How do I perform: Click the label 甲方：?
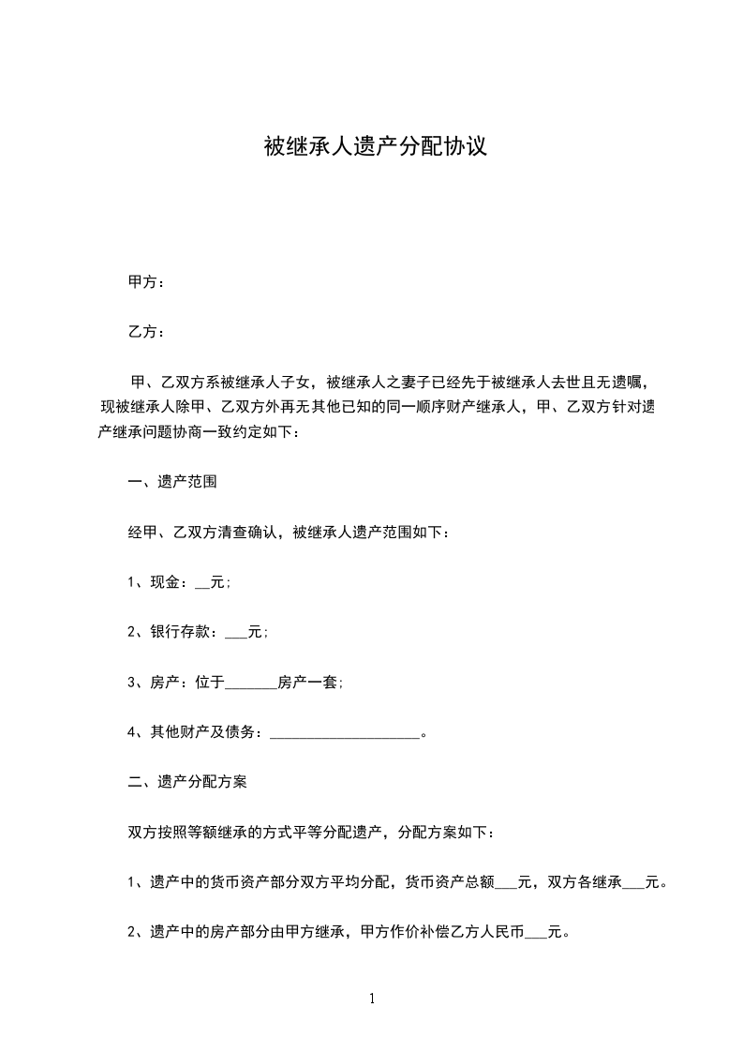146,281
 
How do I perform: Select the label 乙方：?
146,332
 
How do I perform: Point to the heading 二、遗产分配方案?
187,782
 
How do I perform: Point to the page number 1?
372,999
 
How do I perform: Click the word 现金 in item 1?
165,582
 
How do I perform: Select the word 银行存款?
180,632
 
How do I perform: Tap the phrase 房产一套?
308,683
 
